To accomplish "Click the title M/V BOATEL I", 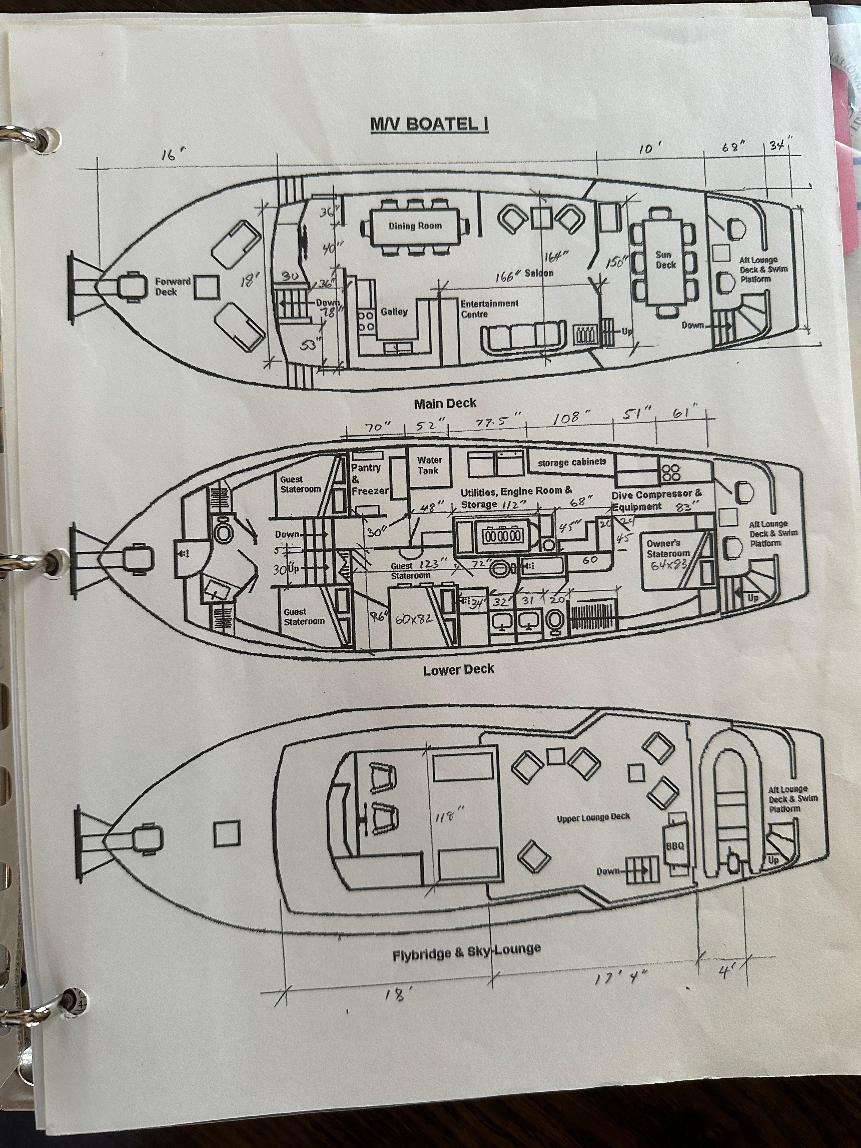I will (429, 124).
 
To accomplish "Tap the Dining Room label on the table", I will (415, 226).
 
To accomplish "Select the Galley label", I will (394, 312).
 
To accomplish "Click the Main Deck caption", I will (445, 403).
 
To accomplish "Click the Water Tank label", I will (429, 466).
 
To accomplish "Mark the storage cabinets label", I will (571, 462).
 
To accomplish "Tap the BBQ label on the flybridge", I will (675, 845).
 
